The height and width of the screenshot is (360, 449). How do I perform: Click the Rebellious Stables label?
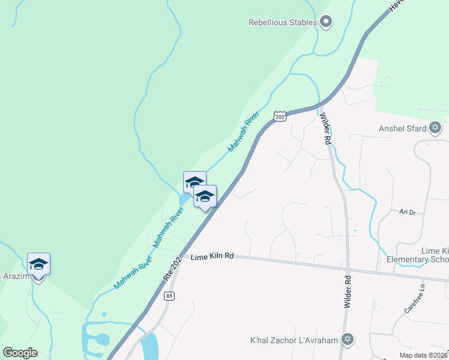tap(282, 23)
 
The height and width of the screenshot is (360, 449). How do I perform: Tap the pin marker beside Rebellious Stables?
tap(326, 23)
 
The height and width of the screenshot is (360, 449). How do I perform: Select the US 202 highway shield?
tap(280, 116)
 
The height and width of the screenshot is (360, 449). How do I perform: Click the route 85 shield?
tap(170, 296)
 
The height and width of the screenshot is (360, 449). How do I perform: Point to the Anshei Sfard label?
tap(402, 128)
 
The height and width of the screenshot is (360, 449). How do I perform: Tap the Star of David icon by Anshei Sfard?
tap(435, 128)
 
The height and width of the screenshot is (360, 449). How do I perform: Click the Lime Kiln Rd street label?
tap(212, 256)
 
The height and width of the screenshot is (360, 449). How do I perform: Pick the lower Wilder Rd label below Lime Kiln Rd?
tap(347, 292)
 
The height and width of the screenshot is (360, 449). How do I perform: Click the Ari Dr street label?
tap(408, 212)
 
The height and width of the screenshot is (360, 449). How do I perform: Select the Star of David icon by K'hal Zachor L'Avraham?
tap(346, 340)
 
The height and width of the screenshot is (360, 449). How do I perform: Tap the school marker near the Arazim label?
tap(38, 265)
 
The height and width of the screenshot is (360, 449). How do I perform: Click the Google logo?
tap(20, 353)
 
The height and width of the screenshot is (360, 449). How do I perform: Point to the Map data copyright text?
tap(423, 355)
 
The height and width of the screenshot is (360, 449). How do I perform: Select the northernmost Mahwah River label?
tap(244, 131)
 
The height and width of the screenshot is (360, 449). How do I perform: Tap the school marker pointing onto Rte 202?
tap(205, 197)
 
